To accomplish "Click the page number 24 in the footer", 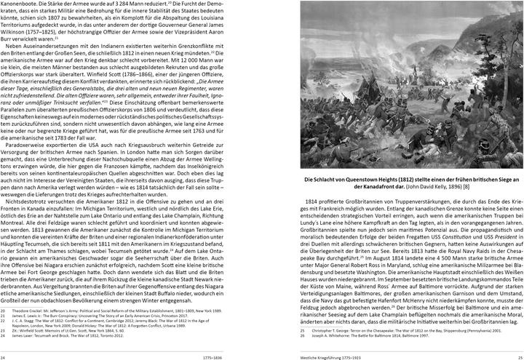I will point(4,357).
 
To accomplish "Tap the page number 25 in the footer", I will point(518,357).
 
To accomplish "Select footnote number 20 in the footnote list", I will point(4,308).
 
